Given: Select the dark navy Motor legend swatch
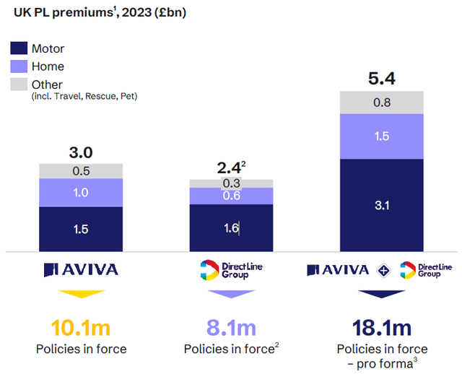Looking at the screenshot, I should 18,49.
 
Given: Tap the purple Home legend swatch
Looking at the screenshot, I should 18,66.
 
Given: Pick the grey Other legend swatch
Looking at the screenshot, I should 18,84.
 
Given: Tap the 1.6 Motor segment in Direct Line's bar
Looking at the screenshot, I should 231,228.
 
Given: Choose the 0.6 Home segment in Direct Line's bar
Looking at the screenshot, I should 231,196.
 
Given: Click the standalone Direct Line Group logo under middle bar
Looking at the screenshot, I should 230,269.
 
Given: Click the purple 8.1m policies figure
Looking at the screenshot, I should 230,328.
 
